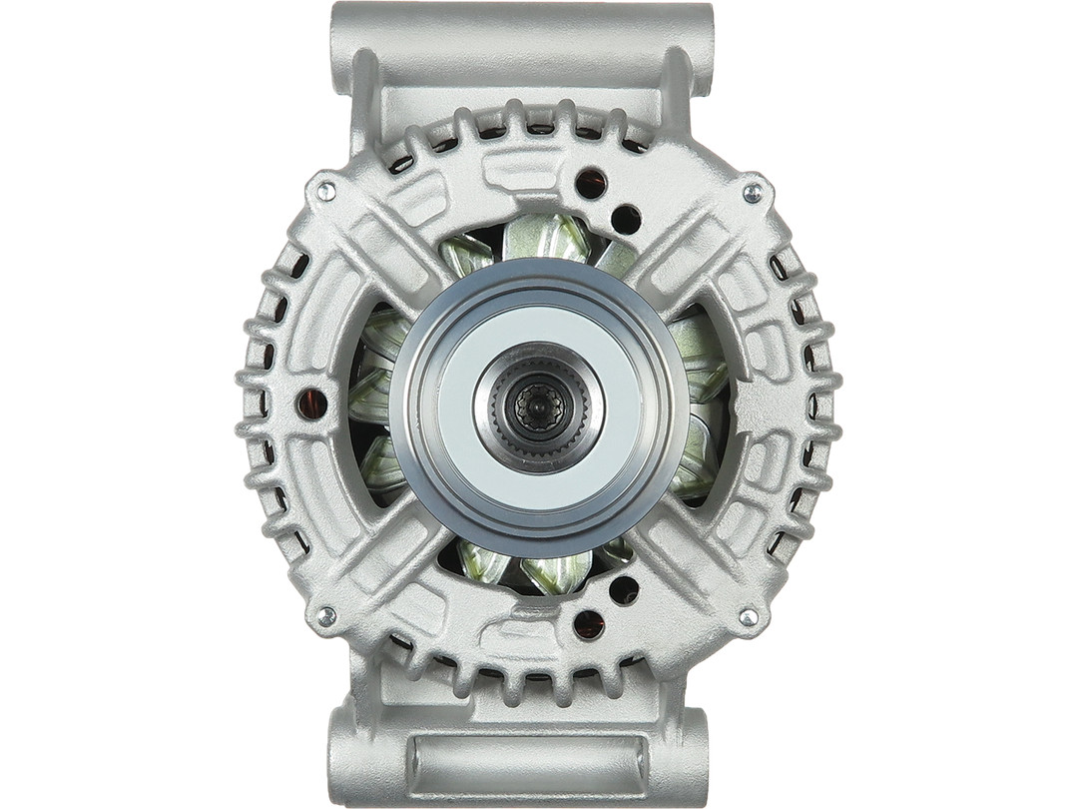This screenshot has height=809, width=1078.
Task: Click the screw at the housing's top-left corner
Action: (x=325, y=188)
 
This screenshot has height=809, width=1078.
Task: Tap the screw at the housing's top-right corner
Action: (x=752, y=190)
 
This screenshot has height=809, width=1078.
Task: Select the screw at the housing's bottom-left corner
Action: (x=325, y=617)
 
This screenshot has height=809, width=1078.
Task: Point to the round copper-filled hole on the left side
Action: (x=312, y=404)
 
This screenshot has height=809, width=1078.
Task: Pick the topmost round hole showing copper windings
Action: (x=590, y=183)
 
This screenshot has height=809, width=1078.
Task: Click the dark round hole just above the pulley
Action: (x=626, y=219)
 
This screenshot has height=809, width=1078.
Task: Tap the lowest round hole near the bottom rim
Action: (x=588, y=624)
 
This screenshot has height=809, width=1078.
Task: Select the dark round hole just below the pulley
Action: (x=624, y=589)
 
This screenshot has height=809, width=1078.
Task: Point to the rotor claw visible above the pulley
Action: (x=544, y=238)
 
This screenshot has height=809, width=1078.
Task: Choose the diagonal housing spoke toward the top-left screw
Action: (x=389, y=250)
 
